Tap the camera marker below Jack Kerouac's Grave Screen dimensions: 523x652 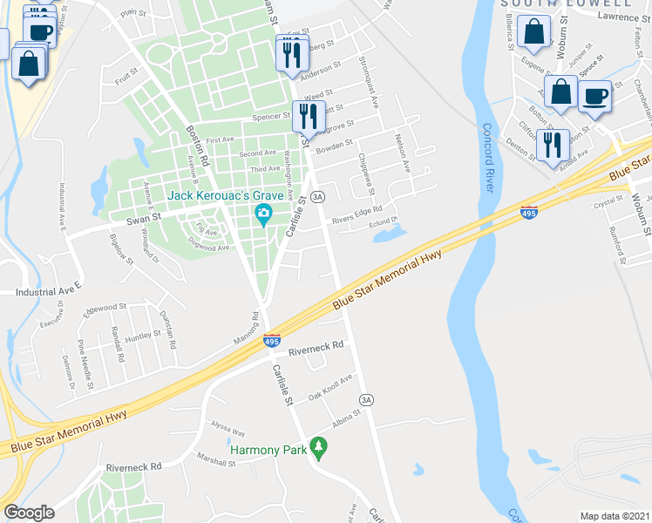(x=262, y=214)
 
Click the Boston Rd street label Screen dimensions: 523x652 (x=198, y=146)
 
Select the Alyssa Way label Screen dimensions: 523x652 (x=228, y=429)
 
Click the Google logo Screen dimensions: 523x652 (x=29, y=513)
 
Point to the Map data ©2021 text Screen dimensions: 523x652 (x=614, y=516)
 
